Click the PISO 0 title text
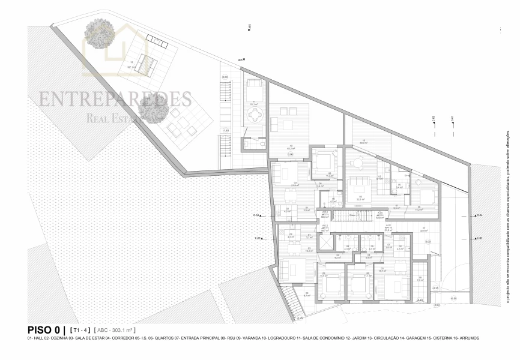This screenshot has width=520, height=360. [45, 329]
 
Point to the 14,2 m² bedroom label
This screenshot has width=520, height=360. [419, 209]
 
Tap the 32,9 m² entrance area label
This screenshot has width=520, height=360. [423, 230]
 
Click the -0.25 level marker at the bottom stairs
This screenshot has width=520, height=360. [300, 318]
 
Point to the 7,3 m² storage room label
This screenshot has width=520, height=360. [420, 279]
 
